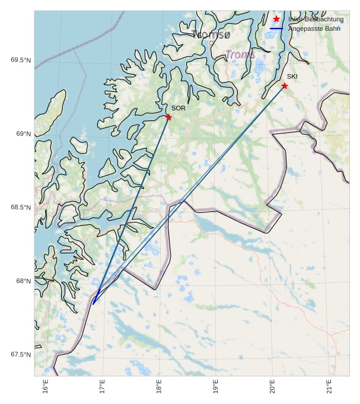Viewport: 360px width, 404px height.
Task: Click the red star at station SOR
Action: [x=168, y=117]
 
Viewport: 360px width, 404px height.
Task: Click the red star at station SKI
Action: [x=285, y=86]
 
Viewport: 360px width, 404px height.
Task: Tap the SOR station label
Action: [x=179, y=108]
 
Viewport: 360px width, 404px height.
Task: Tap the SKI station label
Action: [x=292, y=77]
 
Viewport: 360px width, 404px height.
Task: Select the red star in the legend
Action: [x=276, y=19]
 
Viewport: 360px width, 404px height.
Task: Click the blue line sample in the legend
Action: [x=276, y=28]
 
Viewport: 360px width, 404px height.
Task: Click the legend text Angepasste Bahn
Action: [x=314, y=28]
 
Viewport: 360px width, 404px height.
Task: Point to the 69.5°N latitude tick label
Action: [x=20, y=60]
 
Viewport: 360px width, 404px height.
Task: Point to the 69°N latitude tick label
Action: [x=23, y=134]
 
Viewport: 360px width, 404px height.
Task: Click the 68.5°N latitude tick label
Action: [x=20, y=207]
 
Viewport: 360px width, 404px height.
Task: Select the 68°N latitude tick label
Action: [x=23, y=281]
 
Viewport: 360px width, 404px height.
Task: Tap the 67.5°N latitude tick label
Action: [x=20, y=355]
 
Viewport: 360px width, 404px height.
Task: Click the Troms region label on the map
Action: [x=240, y=55]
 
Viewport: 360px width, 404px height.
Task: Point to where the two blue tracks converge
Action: [x=94, y=303]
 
